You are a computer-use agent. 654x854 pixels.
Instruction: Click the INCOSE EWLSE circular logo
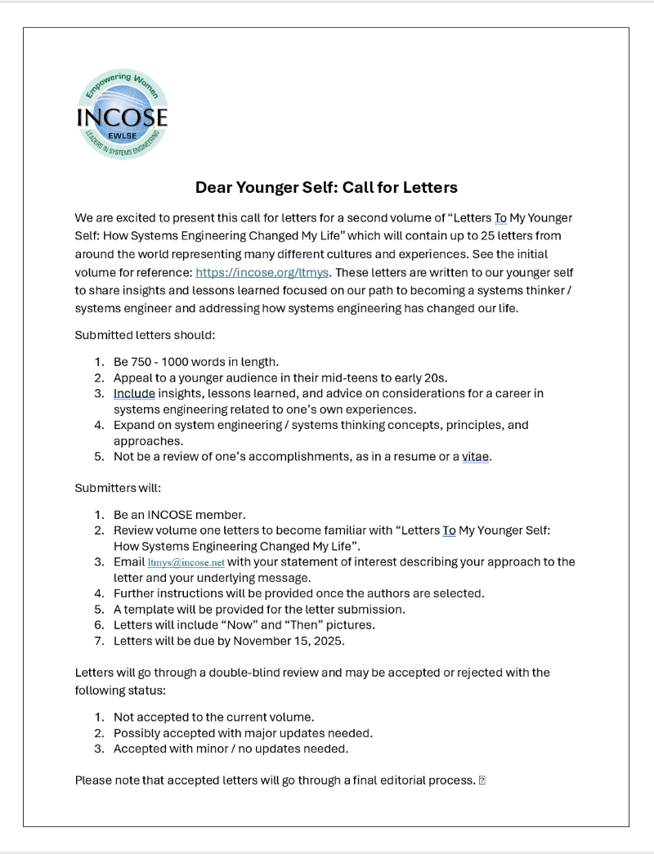click(122, 115)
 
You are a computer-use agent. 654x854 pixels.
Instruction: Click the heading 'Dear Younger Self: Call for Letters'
click(326, 187)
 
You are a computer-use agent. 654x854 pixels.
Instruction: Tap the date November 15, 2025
click(289, 641)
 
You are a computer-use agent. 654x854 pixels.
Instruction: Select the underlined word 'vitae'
click(475, 457)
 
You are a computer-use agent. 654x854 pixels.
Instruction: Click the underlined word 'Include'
click(134, 393)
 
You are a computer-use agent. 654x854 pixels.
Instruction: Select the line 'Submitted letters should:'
click(145, 335)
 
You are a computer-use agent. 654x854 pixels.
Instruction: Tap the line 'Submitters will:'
click(118, 488)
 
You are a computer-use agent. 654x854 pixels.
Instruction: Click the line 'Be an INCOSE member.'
click(179, 515)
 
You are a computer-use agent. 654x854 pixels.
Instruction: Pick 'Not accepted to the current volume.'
click(213, 717)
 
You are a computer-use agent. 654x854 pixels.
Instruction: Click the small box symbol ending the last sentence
click(482, 780)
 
